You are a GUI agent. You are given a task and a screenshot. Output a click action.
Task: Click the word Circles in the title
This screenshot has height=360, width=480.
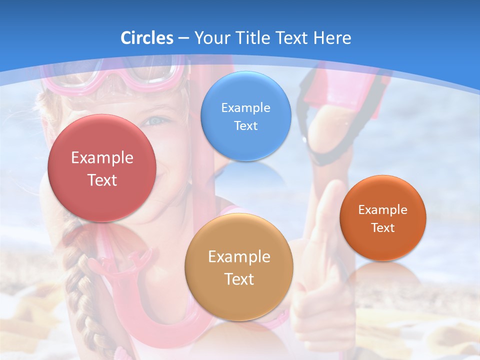(x=146, y=38)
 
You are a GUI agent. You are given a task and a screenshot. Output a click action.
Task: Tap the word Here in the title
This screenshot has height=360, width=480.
(x=332, y=38)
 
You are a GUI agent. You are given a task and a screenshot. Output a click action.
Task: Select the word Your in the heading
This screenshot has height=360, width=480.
(x=211, y=38)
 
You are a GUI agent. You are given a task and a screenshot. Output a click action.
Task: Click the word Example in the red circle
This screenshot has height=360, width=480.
(x=102, y=158)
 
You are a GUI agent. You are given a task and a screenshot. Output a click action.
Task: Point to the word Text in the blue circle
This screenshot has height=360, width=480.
(x=245, y=126)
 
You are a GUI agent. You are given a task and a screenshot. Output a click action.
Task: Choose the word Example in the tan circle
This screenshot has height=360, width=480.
(x=239, y=257)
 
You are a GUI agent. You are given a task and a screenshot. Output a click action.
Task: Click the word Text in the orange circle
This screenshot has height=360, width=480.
(x=383, y=228)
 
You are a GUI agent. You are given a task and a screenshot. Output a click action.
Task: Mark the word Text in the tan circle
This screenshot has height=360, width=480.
(x=239, y=279)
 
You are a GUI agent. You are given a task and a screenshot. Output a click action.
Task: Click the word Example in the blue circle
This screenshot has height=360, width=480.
(x=245, y=108)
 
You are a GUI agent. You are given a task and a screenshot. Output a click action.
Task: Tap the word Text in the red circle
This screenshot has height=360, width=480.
(x=102, y=180)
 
